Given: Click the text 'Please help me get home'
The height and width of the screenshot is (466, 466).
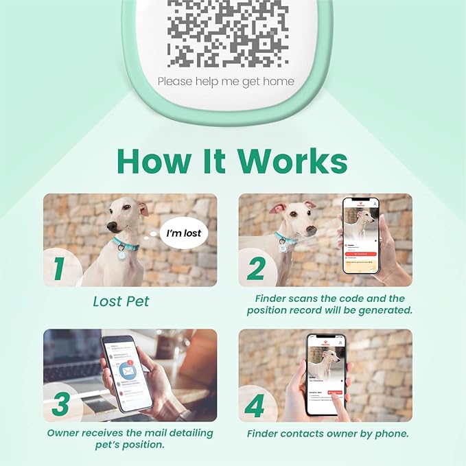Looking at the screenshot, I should pos(226,82).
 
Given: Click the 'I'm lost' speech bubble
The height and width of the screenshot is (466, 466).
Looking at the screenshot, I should pos(184,233).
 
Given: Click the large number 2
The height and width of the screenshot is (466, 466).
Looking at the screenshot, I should pos(256,268).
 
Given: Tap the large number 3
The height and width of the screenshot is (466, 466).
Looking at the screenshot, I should pos(60,404).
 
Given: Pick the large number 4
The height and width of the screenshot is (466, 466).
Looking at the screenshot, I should pos(255,405).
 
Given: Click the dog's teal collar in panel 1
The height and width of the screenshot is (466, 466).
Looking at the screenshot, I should pos(127,244).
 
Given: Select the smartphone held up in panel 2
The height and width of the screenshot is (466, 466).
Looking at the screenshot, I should pos(360,237).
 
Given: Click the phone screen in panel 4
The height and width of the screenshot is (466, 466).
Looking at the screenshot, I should pos(325,375).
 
